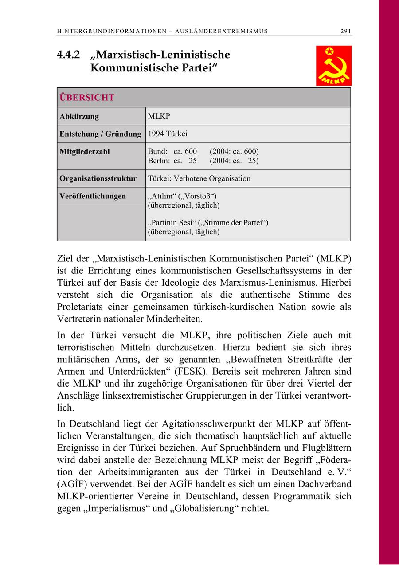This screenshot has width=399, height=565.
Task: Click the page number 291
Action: point(346,31)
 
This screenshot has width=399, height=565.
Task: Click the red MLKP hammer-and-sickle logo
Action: point(333,66)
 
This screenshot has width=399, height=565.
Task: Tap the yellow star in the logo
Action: point(329,51)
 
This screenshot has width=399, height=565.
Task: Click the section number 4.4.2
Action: point(68,55)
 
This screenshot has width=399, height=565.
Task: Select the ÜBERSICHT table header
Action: point(87,98)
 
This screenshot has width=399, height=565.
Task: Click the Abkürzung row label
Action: point(79,117)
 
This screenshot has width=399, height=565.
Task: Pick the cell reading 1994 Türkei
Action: point(168,134)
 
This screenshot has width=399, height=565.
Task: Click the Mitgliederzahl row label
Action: point(84,152)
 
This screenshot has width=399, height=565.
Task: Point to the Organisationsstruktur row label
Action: point(98,178)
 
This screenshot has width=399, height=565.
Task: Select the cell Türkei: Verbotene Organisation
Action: point(199,178)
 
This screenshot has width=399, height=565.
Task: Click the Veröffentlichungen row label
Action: point(92,196)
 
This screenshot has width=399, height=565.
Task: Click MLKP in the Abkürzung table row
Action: point(159,116)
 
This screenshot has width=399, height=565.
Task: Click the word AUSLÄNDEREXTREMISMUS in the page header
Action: point(222,31)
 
